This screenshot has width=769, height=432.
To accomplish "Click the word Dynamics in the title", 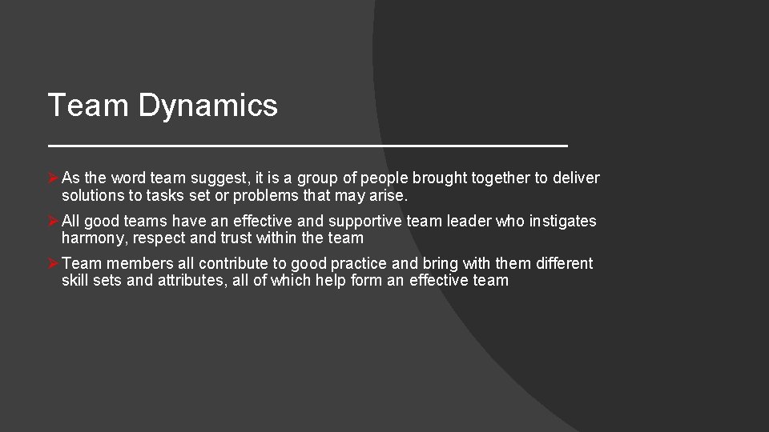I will [208, 106].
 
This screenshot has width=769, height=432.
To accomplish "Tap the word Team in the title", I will [88, 105].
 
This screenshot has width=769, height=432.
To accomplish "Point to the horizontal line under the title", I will [308, 146].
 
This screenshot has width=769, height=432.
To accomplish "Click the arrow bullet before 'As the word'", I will [53, 178].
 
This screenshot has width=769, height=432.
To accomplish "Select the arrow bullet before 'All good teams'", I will [53, 221].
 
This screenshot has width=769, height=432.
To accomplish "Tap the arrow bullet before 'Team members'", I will [53, 263].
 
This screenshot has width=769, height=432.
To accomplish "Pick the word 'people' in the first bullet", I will [384, 178].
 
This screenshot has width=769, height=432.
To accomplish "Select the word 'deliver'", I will [576, 178].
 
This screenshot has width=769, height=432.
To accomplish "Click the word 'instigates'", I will [562, 221].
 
